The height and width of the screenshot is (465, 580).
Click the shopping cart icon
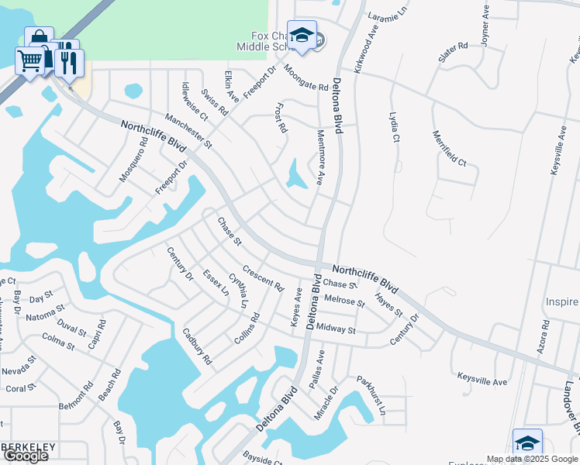point(29,60)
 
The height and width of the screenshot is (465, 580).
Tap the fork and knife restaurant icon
point(69,63)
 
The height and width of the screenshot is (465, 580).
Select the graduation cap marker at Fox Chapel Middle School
point(302,35)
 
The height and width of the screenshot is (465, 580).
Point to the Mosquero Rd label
point(133,160)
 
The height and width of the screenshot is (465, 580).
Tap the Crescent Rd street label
point(263,279)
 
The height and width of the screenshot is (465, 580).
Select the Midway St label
point(336,329)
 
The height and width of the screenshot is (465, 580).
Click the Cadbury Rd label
point(197,346)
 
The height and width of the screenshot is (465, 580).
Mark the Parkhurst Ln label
point(371,395)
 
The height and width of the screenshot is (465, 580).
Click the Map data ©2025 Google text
point(531,459)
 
